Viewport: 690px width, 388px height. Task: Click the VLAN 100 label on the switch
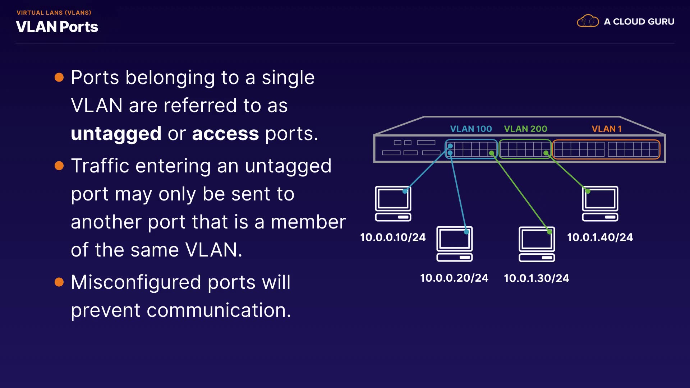[471, 129]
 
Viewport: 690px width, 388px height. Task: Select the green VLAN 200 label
[525, 129]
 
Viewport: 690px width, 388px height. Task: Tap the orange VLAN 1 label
[607, 129]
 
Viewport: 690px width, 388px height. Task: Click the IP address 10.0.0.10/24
[393, 237]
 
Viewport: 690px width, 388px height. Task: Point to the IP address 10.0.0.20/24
[454, 278]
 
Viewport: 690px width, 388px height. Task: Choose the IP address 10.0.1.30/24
[537, 278]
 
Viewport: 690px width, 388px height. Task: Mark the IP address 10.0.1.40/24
[600, 237]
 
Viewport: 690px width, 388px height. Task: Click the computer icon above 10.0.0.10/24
[393, 203]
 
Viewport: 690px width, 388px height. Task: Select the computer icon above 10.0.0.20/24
[455, 244]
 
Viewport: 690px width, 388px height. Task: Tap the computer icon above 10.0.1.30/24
[537, 244]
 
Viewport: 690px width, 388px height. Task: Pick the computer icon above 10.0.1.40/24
[600, 203]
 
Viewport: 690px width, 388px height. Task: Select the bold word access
[225, 134]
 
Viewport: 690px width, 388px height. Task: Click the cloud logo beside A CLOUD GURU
[588, 21]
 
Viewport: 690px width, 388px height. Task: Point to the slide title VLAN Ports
[57, 27]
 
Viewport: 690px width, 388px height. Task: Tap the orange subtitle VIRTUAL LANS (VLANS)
[54, 13]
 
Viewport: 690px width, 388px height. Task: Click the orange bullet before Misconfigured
[59, 282]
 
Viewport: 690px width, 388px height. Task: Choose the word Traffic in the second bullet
[100, 166]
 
